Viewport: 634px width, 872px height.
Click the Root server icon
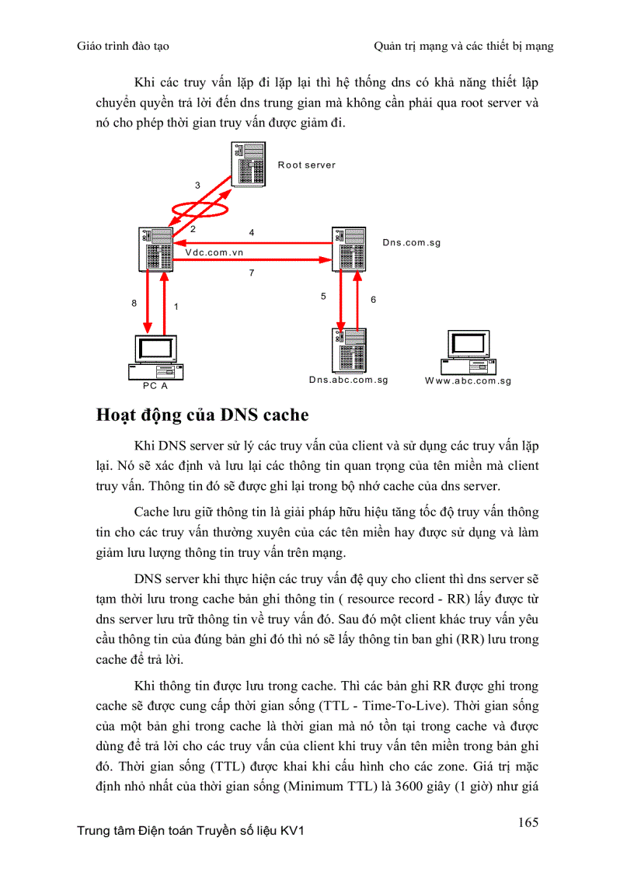click(249, 164)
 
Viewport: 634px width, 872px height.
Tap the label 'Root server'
click(307, 165)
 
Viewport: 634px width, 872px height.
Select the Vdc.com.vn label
click(214, 252)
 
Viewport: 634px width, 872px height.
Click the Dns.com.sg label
click(412, 243)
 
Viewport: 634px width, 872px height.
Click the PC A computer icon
click(155, 357)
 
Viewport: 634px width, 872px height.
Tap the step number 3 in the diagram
click(197, 186)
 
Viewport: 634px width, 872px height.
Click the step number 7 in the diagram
click(252, 273)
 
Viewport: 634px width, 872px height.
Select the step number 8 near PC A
click(134, 304)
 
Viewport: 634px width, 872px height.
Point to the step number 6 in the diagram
click(373, 300)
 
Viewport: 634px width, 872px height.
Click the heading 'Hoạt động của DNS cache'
click(202, 415)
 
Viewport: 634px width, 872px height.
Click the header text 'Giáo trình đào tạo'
click(124, 46)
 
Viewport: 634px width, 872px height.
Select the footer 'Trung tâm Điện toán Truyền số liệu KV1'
click(190, 832)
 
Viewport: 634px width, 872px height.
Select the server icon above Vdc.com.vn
click(156, 248)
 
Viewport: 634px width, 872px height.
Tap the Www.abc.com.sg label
click(468, 381)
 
